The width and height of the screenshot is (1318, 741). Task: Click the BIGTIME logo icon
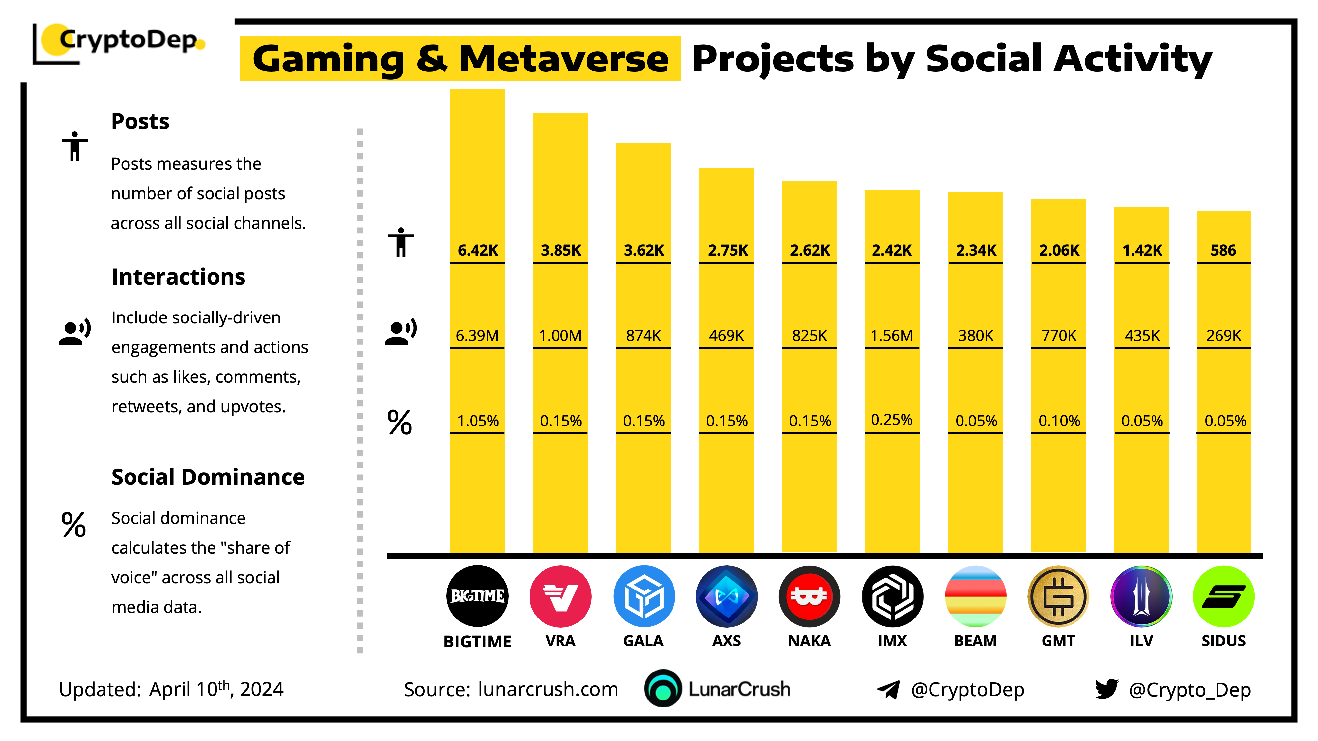(477, 596)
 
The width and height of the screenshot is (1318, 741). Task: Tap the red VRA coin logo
(560, 596)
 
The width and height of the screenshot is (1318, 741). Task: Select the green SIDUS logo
(1223, 596)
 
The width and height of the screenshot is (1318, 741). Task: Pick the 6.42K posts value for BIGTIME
(477, 250)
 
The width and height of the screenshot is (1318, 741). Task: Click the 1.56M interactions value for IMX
(892, 336)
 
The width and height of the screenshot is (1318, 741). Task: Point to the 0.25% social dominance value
(892, 420)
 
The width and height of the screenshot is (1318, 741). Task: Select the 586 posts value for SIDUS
(1223, 250)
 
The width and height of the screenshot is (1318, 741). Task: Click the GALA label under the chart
(643, 641)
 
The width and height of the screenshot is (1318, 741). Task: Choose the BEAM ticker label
(975, 641)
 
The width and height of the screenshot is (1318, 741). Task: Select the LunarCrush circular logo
(663, 689)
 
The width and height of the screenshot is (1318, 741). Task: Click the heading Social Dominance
(208, 477)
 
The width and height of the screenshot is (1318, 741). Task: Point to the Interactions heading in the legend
(178, 277)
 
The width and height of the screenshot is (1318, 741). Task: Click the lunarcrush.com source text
(548, 689)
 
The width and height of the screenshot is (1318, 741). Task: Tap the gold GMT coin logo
(1058, 596)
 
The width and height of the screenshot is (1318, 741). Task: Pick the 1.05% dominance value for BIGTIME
(477, 421)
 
